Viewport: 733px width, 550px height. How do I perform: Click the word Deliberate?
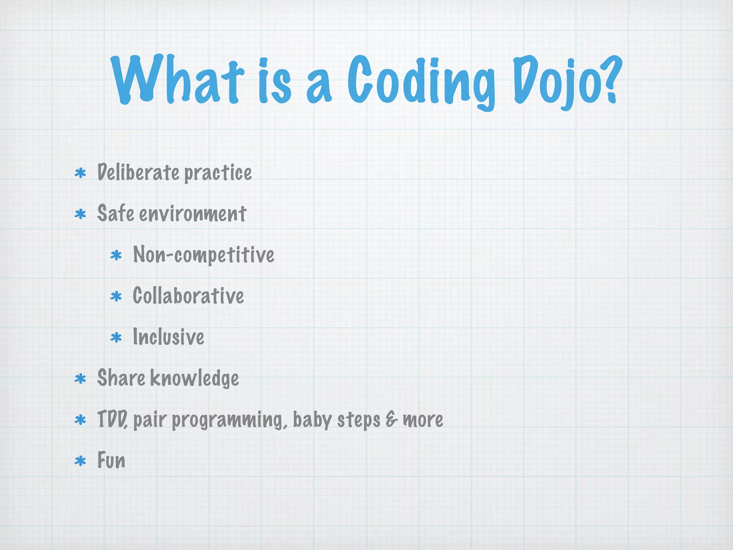point(138,173)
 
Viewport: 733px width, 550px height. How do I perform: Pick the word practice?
point(218,173)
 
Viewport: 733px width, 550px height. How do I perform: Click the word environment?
point(193,214)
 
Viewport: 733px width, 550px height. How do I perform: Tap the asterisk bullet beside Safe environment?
point(81,214)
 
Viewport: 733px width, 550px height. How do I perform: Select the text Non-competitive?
point(203,255)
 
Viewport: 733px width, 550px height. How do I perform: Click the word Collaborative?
point(188,296)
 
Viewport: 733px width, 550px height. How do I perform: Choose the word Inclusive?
point(168,337)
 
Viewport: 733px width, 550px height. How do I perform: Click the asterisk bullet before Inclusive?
point(116,338)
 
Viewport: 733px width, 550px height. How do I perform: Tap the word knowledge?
point(194,378)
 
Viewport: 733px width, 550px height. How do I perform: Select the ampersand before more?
point(391,419)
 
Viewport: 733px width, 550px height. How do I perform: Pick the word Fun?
point(111,460)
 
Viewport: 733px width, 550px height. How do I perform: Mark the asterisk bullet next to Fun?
point(81,461)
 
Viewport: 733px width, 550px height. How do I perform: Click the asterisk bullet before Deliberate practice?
point(81,173)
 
